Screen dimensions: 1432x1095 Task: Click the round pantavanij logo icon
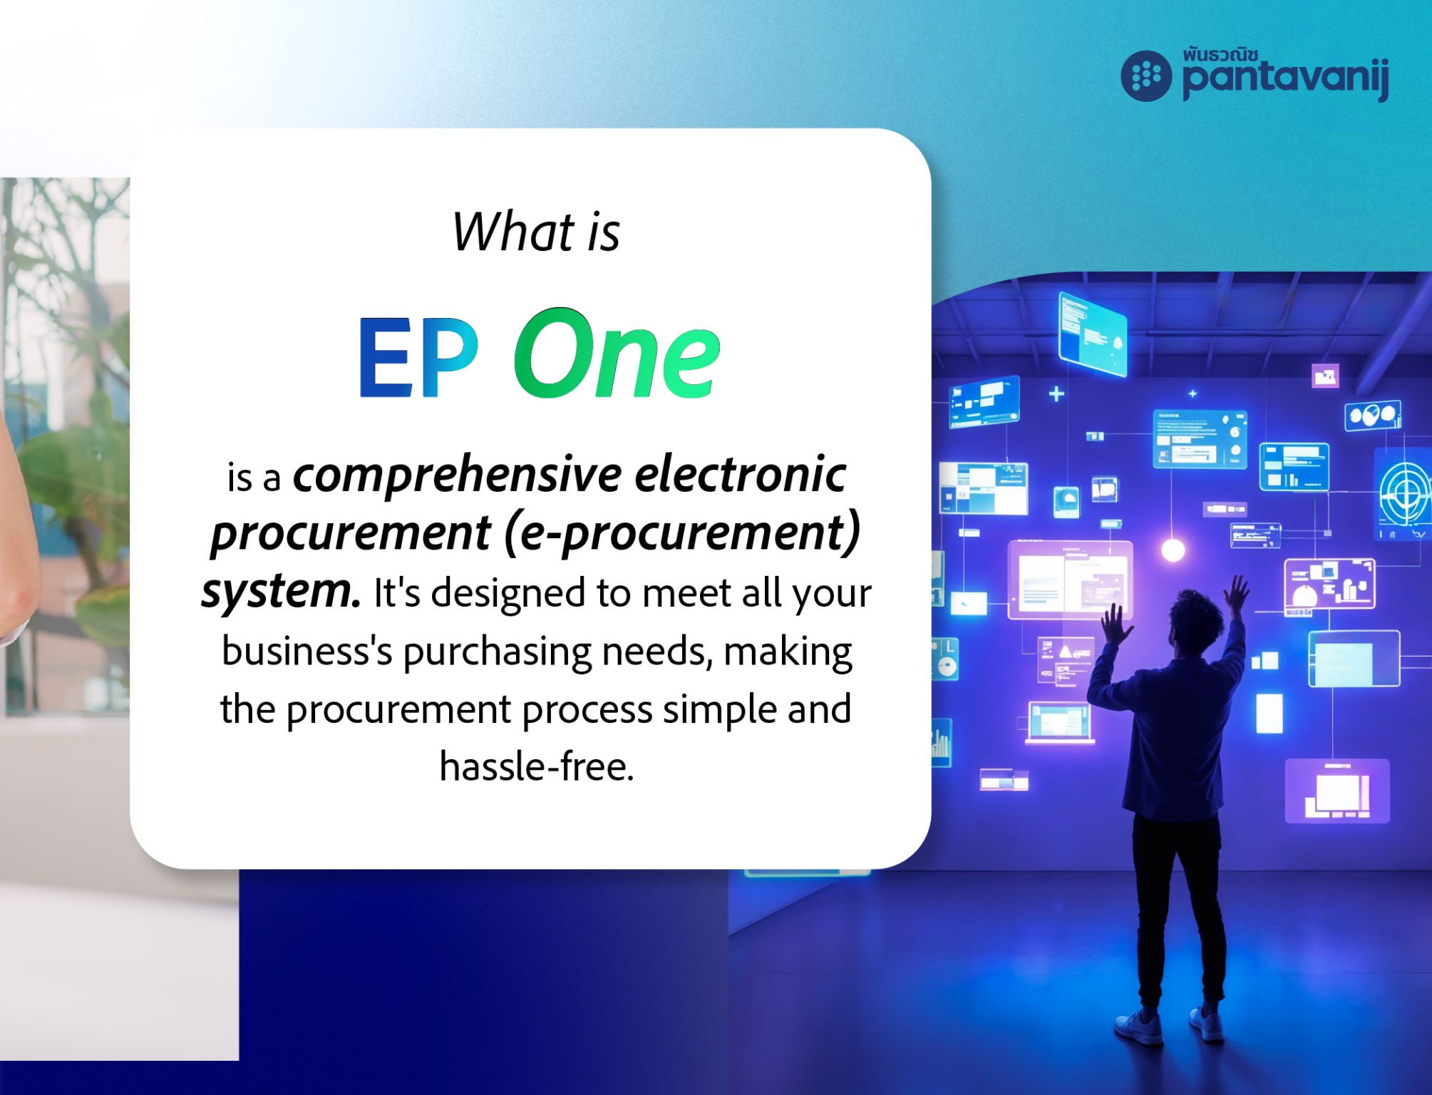[1146, 76]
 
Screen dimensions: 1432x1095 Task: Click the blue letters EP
[418, 356]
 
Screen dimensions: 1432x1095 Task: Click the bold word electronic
[740, 474]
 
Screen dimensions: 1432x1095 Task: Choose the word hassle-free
[536, 767]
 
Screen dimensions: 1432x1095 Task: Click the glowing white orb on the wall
[1173, 550]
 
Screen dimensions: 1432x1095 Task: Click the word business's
[307, 652]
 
